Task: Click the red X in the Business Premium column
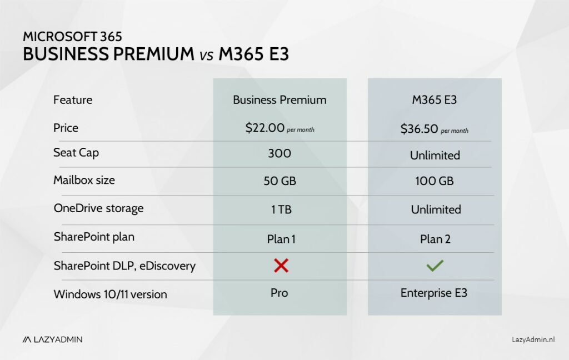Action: tap(281, 266)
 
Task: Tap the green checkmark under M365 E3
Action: tap(435, 266)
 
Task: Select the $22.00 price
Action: tap(264, 128)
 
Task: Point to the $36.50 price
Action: tap(420, 129)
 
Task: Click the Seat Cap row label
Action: tap(76, 153)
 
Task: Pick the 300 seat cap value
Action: tap(279, 153)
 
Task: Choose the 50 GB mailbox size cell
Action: tap(279, 181)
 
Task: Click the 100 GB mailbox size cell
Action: tap(435, 182)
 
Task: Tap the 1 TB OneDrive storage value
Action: tap(279, 209)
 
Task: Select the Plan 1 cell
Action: tap(279, 239)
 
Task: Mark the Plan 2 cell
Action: tap(435, 239)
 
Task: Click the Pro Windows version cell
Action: tap(279, 292)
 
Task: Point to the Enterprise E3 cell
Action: tap(434, 293)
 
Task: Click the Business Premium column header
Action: tap(279, 100)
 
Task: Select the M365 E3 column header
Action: tap(435, 100)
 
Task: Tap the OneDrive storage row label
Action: tap(98, 208)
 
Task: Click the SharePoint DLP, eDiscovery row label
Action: tap(124, 266)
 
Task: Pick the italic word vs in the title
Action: tap(206, 56)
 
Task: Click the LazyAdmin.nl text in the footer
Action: tap(533, 339)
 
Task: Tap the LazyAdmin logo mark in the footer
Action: tap(28, 339)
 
